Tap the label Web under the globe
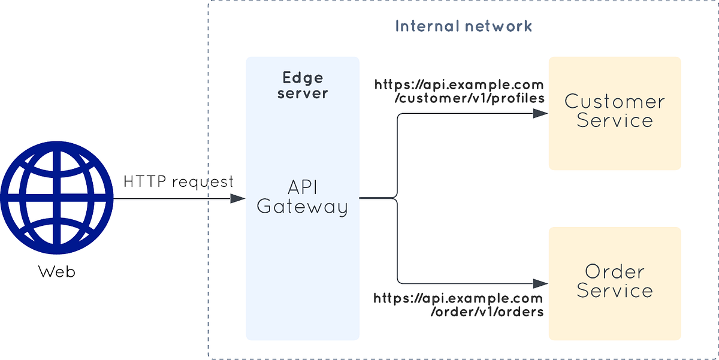(57, 272)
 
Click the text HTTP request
(178, 181)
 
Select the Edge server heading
(303, 85)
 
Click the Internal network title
(463, 26)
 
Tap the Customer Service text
(615, 111)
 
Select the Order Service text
(615, 281)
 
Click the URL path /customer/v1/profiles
(469, 99)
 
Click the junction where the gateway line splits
(397, 198)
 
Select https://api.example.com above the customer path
(459, 84)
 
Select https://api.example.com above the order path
(458, 298)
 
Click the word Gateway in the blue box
(303, 207)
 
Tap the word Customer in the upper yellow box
(615, 101)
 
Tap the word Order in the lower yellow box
(615, 271)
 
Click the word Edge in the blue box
(303, 78)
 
